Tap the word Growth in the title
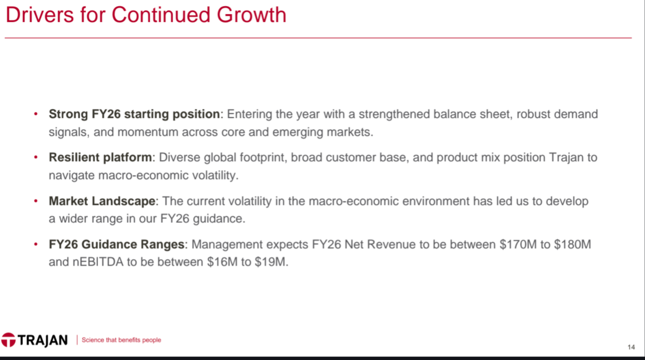click(x=251, y=15)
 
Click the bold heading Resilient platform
click(x=100, y=157)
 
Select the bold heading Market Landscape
click(x=102, y=201)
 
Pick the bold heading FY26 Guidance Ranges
click(x=117, y=245)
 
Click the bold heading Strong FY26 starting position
click(x=134, y=114)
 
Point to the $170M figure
click(x=518, y=245)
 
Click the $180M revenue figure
click(x=572, y=245)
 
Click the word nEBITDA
click(x=98, y=262)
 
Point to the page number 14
click(x=631, y=347)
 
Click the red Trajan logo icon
click(x=8, y=340)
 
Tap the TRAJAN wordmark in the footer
click(x=43, y=340)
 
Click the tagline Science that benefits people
click(x=121, y=340)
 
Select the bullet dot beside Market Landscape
click(x=36, y=201)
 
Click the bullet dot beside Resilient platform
click(x=36, y=157)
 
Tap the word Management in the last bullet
click(x=227, y=245)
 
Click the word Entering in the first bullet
click(x=249, y=114)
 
